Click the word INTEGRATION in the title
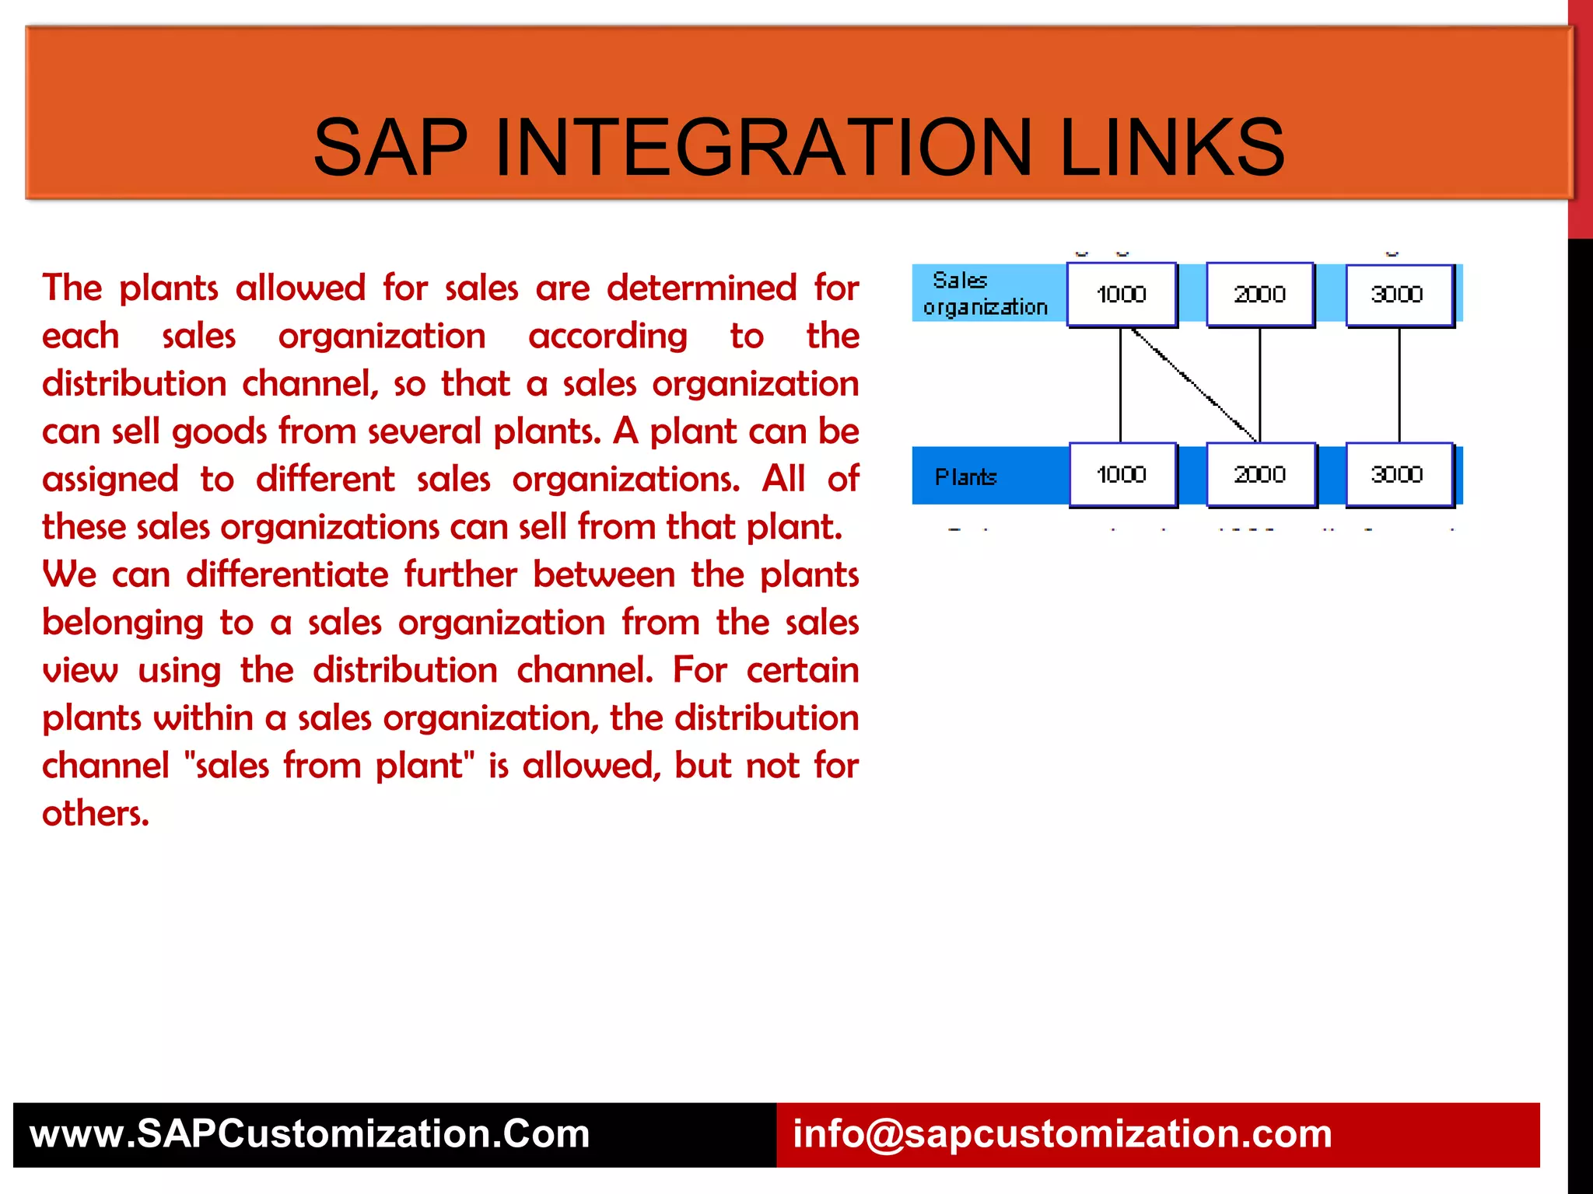[x=762, y=148]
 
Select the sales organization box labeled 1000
[x=1121, y=295]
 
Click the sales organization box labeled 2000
[x=1259, y=295]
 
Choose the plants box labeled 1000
[x=1122, y=474]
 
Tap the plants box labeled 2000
[x=1260, y=474]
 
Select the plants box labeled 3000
[x=1398, y=474]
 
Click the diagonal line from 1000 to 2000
[x=1194, y=385]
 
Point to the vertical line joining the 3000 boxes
[x=1399, y=385]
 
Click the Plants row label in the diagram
[x=965, y=477]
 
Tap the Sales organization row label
[x=984, y=294]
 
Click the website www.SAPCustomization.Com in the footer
[x=310, y=1134]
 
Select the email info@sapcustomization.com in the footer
[x=1062, y=1134]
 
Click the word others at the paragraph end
[x=94, y=814]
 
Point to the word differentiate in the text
[x=287, y=575]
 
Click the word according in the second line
[x=607, y=337]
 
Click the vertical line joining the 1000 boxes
[x=1120, y=385]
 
